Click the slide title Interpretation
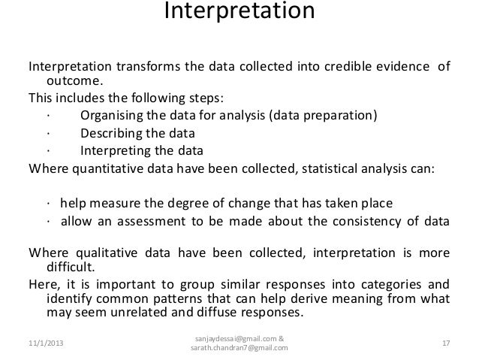click(239, 14)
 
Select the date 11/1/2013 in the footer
click(43, 343)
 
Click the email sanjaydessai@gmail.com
click(234, 337)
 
